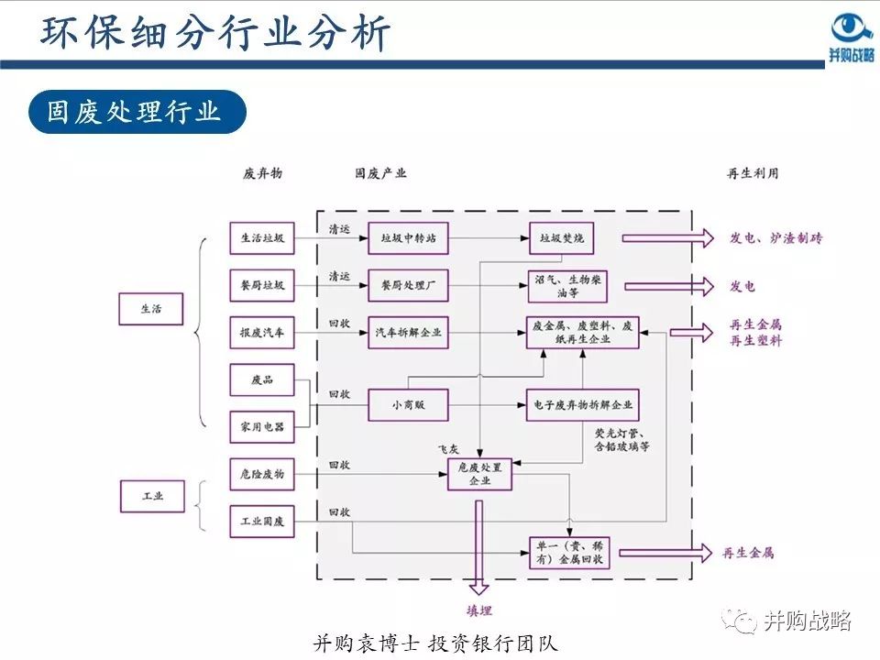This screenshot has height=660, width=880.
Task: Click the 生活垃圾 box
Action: tap(261, 238)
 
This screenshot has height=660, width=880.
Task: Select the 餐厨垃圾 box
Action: tap(261, 285)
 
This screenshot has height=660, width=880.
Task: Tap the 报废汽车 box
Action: tap(261, 332)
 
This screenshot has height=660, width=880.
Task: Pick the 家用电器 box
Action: tap(261, 426)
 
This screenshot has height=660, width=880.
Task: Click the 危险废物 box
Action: tap(261, 474)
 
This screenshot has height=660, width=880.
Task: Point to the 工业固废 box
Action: tap(261, 521)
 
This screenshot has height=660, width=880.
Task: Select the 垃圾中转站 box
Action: tap(408, 238)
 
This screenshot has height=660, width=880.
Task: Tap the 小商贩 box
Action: tap(408, 404)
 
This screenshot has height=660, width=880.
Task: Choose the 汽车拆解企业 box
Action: tap(408, 332)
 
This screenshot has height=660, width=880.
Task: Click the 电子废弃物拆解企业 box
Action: tap(582, 404)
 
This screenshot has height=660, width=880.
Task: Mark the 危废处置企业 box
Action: tap(479, 474)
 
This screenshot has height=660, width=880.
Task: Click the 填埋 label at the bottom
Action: tap(478, 610)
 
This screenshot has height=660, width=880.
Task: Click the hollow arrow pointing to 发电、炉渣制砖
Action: tap(666, 238)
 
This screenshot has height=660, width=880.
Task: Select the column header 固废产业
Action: tap(380, 173)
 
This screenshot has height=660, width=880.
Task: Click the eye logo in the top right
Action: tap(851, 27)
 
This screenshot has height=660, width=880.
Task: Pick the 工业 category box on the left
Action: tap(151, 496)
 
